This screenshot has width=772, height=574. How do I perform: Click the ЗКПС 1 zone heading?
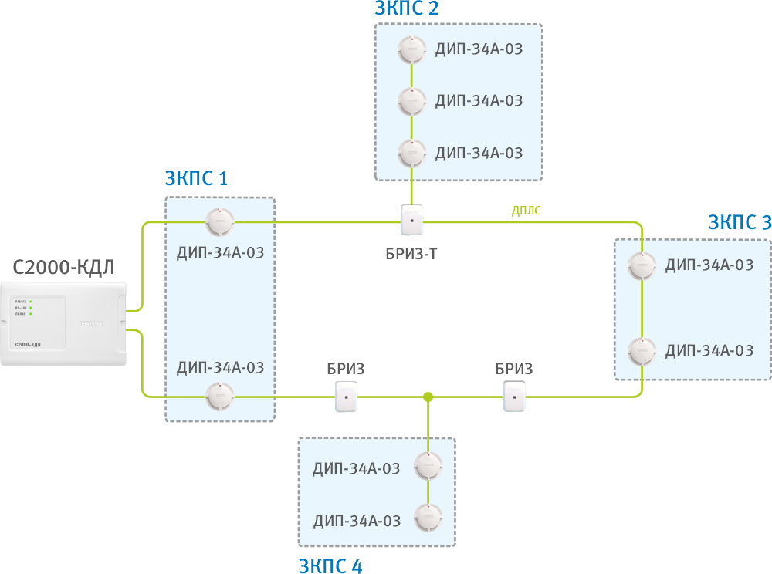[196, 179]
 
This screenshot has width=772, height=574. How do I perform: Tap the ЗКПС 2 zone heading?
[407, 8]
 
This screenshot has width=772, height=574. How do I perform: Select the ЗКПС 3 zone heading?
[740, 223]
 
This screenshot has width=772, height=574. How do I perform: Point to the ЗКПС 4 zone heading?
[330, 566]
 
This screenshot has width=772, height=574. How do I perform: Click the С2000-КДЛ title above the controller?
[63, 268]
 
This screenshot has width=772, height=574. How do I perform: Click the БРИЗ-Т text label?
[411, 252]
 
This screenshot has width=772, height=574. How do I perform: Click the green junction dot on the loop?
[427, 397]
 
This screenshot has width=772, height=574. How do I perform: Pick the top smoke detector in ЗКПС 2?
[411, 49]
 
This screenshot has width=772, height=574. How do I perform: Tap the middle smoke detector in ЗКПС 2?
[411, 100]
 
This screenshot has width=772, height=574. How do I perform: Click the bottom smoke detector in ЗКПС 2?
[411, 152]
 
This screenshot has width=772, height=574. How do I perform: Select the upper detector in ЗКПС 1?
[219, 222]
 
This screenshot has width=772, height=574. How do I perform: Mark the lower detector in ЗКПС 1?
[219, 397]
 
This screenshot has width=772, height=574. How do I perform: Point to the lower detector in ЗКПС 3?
[642, 351]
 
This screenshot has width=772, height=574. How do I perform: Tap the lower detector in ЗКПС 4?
[428, 518]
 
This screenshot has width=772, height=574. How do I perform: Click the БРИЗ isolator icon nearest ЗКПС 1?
[347, 399]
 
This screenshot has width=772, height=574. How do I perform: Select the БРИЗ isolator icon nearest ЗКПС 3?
[514, 399]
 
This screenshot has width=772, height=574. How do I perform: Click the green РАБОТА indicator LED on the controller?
[30, 301]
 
